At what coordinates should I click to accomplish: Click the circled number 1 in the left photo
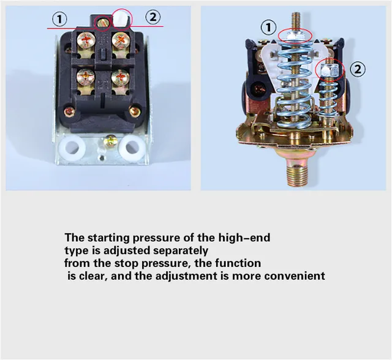[59, 19]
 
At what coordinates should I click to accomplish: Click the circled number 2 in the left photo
[153, 18]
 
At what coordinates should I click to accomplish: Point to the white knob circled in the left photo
[123, 20]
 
